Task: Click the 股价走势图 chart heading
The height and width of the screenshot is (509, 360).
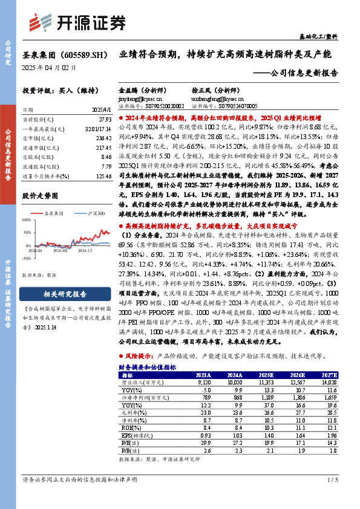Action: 42,196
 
